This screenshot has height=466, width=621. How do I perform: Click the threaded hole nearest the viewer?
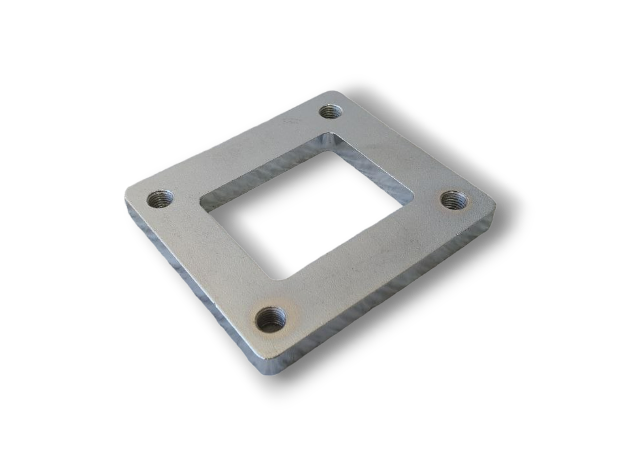tap(270, 319)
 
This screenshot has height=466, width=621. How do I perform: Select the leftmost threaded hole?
tap(159, 199)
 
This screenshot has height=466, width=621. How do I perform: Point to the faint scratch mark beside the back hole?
tap(291, 118)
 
